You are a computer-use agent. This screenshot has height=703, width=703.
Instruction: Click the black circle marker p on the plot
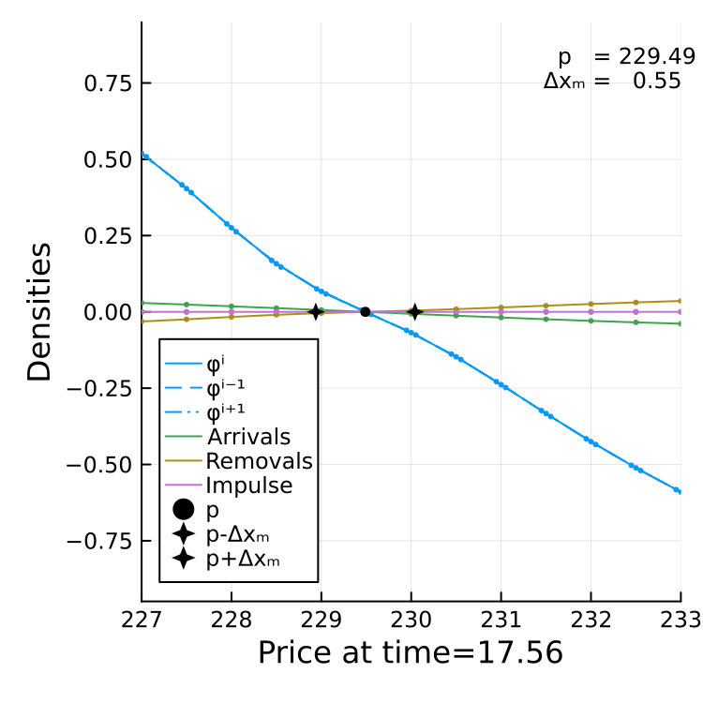point(365,311)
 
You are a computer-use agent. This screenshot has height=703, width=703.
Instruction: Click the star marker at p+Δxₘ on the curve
point(414,311)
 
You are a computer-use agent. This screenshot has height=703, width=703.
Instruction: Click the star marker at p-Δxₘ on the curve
point(316,311)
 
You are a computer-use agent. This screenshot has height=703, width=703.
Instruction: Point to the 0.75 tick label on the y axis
point(108,83)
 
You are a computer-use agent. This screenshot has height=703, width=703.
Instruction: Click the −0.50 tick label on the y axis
point(99,465)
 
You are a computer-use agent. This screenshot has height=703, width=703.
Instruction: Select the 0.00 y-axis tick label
point(108,312)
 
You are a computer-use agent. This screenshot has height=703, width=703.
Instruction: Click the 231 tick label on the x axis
point(501,621)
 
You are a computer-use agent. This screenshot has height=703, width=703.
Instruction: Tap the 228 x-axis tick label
point(231,621)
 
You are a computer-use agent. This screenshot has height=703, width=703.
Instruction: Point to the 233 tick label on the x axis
point(681,621)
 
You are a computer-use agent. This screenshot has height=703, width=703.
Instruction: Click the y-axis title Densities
point(39,312)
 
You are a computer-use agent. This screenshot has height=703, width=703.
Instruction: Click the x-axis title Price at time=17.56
point(411,652)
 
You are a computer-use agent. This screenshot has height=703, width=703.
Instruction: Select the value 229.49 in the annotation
point(657,57)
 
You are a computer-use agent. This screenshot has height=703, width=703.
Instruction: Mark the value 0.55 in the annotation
point(657,82)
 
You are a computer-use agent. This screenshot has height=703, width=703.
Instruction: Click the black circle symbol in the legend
point(183,510)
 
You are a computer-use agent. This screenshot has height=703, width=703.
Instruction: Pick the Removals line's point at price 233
point(681,301)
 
